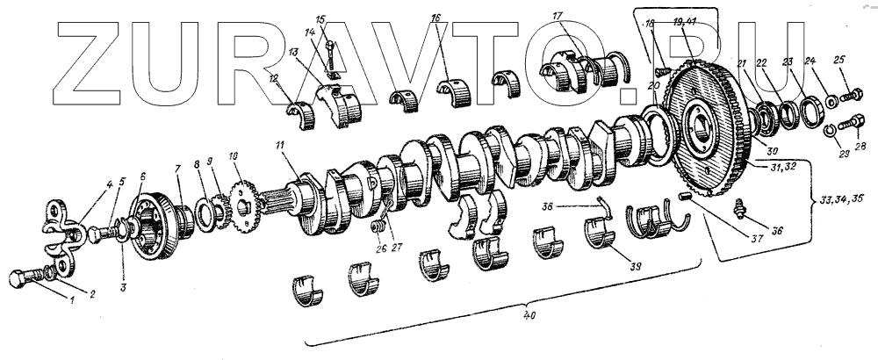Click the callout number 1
[73, 301]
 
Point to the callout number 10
[234, 156]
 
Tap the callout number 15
[320, 19]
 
